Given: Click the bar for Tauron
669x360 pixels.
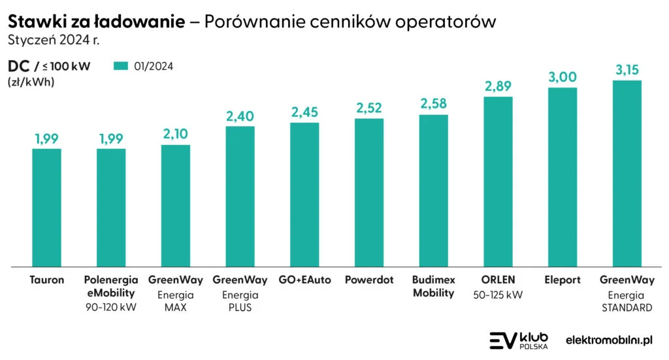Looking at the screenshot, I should pos(46,208).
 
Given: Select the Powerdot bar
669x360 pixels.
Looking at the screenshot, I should pos(369,193).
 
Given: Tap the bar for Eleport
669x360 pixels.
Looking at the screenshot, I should pos(562,177).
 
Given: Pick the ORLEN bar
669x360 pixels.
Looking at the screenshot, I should pos(498,182).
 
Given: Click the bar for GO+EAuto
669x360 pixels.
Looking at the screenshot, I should pos(304,195).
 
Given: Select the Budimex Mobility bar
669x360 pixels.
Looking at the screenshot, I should pos(433,191).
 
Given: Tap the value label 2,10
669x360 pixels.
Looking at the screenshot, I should pos(176,135).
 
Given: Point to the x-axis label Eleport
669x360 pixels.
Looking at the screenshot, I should pos(562,280).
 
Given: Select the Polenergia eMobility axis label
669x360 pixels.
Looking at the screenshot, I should pos(111,286).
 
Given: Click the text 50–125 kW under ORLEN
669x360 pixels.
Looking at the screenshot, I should pos(498,295).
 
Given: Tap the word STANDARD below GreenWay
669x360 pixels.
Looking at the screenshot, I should pos(627,308).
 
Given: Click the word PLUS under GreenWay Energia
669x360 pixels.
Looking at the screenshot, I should pos(240,308).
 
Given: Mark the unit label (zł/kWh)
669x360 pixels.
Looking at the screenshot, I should pos(31,82).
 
